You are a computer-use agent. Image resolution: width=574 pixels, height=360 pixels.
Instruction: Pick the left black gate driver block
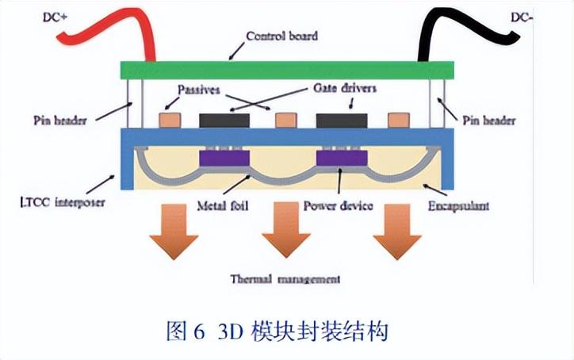click(x=224, y=121)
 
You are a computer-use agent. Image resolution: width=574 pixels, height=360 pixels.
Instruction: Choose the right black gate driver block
click(x=342, y=121)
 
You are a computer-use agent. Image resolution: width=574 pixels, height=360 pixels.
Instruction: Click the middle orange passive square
click(x=284, y=121)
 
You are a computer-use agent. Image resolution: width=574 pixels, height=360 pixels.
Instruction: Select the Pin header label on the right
click(x=488, y=121)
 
